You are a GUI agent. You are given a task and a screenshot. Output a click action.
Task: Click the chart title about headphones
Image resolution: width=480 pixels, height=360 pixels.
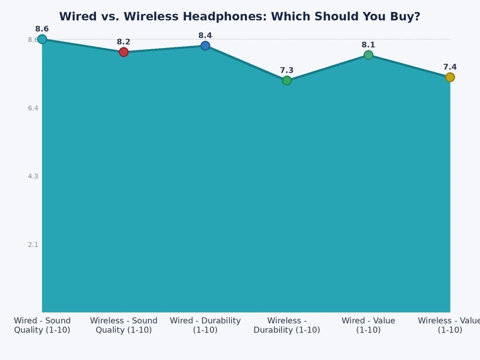point(239,16)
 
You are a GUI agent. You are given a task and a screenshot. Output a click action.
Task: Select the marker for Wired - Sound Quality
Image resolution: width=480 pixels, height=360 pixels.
point(42,39)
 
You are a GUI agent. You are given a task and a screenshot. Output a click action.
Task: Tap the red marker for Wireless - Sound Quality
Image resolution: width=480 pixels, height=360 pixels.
point(124,52)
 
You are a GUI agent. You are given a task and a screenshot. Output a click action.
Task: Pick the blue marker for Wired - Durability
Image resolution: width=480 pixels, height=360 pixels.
point(205,46)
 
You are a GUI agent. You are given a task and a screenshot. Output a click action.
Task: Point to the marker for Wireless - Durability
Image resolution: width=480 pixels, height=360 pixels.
point(287,80)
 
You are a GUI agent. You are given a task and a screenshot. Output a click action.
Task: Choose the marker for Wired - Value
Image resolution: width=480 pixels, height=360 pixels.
point(368,55)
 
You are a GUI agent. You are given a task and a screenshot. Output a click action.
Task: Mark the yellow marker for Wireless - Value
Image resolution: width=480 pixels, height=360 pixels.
point(450,77)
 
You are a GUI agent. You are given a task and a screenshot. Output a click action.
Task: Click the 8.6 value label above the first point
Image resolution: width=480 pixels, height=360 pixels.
point(42,29)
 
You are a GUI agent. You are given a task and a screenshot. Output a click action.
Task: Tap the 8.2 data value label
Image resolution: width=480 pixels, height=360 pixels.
point(124,41)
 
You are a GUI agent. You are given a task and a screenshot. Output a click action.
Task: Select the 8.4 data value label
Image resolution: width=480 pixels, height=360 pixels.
point(205,35)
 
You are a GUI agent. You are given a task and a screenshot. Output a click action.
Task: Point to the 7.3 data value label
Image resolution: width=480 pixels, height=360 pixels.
point(287,70)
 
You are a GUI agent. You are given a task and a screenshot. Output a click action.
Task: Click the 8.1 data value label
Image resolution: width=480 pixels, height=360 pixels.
point(368,45)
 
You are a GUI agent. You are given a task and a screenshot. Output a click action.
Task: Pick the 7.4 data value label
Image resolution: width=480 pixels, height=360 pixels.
point(450,67)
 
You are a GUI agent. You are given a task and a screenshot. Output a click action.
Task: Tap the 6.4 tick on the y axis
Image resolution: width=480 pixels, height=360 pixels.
point(32,108)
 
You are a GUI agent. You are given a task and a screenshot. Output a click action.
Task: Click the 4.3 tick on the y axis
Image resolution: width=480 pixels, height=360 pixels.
point(32,176)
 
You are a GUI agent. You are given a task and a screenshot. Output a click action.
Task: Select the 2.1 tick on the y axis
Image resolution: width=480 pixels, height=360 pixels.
point(32,245)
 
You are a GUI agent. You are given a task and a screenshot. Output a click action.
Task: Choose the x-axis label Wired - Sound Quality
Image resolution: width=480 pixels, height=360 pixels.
point(42,325)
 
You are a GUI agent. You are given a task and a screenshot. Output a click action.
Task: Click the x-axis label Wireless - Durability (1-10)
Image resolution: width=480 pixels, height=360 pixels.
point(287,325)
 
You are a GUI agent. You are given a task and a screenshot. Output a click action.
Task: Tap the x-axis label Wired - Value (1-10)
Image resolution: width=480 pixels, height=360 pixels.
point(368,325)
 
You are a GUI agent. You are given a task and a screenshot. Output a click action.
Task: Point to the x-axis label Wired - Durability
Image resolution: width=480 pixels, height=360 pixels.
point(205,325)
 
